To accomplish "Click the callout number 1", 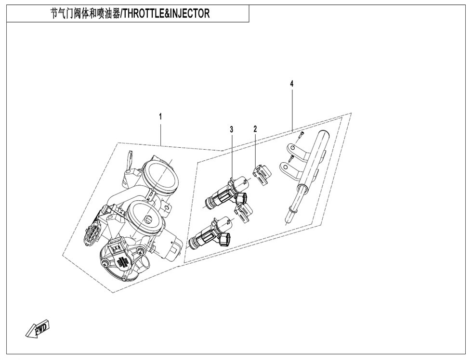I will tap(160, 116).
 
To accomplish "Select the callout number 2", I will tap(255, 129).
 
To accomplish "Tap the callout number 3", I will tap(232, 129).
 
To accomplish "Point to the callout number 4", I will tap(291, 84).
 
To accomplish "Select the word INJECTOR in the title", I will tap(190, 13).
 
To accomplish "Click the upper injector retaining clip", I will tap(261, 174).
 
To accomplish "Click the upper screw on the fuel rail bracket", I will tap(302, 135).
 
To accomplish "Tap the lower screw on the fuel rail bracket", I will tap(291, 157).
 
